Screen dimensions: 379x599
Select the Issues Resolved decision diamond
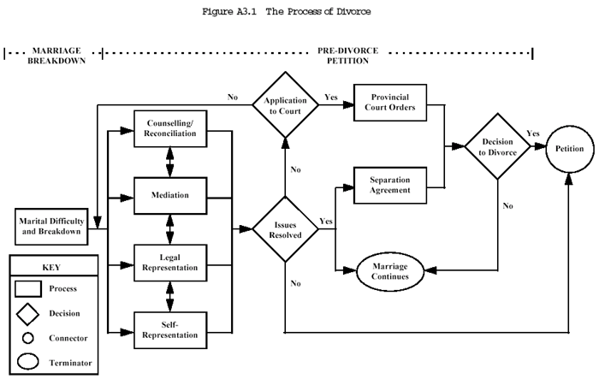point(282,228)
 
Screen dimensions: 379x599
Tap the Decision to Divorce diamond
point(495,146)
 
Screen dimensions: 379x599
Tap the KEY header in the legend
point(51,267)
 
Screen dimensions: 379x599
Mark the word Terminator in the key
point(71,364)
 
